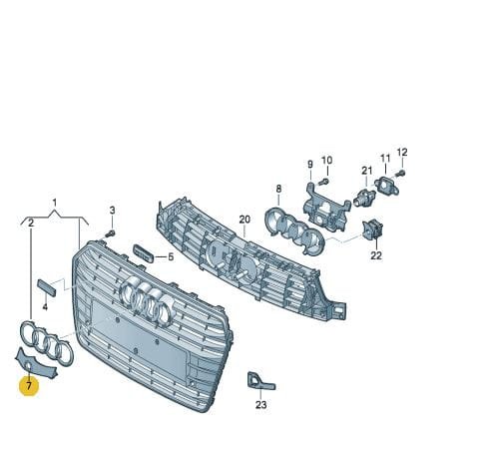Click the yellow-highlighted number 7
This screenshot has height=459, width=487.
coord(29,386)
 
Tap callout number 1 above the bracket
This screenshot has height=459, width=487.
coord(55,203)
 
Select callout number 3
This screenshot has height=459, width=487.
coord(113,211)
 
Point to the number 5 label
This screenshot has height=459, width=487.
coord(171,256)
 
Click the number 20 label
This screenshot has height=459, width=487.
coord(244,220)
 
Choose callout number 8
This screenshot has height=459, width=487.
coord(278,189)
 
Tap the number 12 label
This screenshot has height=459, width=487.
coord(402,153)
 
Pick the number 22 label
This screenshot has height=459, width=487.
coord(376,255)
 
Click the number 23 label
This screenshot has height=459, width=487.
coord(261,405)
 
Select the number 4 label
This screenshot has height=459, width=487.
coord(45,306)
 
